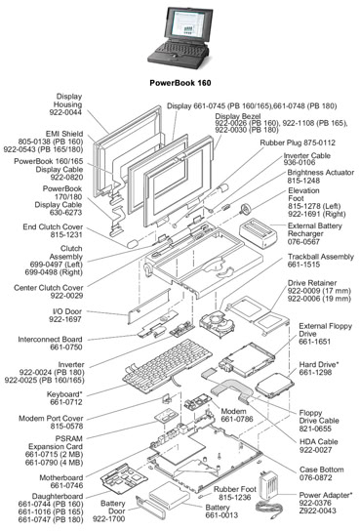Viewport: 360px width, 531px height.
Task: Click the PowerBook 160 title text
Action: (x=180, y=83)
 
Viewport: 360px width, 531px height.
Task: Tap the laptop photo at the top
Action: (x=178, y=37)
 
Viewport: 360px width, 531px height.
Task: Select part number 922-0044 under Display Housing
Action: (x=65, y=112)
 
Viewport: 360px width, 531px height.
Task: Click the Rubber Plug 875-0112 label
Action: (x=298, y=143)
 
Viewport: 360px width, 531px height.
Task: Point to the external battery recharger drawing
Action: (x=259, y=234)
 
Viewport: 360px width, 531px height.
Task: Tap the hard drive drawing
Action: (x=274, y=386)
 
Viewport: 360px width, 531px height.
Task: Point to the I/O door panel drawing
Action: (x=149, y=306)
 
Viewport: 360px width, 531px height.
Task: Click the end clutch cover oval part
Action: (x=133, y=244)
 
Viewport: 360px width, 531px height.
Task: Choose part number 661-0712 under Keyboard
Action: (x=66, y=402)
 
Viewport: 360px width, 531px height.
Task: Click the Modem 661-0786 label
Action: (x=237, y=415)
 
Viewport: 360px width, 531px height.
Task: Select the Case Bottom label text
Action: (x=321, y=470)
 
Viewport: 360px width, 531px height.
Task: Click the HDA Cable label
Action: (x=319, y=442)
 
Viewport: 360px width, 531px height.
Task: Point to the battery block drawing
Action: (x=169, y=496)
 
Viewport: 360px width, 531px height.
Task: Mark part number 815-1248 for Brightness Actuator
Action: (x=303, y=181)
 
